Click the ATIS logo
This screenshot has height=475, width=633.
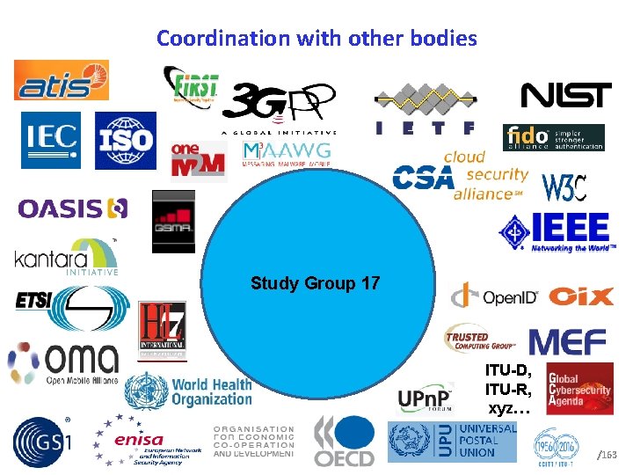[61, 80]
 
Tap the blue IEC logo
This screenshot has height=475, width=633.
[50, 140]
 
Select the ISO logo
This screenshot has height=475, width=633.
[125, 140]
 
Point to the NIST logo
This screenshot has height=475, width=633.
[566, 95]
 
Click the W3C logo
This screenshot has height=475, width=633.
[564, 186]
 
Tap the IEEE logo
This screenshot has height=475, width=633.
[554, 231]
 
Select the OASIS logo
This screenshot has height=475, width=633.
[73, 208]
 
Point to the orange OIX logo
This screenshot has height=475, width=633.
[581, 296]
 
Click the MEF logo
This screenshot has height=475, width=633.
[567, 341]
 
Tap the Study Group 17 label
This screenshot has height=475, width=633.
[316, 283]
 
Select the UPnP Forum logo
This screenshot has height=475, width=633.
[425, 400]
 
